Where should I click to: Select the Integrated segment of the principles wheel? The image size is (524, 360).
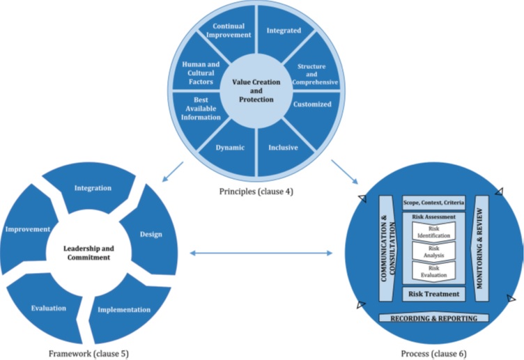click(x=284, y=31)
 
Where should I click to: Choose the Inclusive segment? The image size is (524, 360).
click(x=284, y=148)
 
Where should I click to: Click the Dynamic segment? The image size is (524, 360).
click(x=230, y=148)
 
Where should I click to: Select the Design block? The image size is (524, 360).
click(x=151, y=234)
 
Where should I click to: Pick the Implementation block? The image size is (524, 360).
click(x=124, y=310)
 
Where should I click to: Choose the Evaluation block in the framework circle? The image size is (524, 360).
click(x=49, y=307)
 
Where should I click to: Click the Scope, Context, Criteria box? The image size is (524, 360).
click(x=434, y=203)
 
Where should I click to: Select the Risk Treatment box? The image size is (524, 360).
click(x=434, y=294)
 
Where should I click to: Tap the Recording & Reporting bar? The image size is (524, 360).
click(x=433, y=318)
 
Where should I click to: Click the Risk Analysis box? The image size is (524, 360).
click(x=434, y=251)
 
